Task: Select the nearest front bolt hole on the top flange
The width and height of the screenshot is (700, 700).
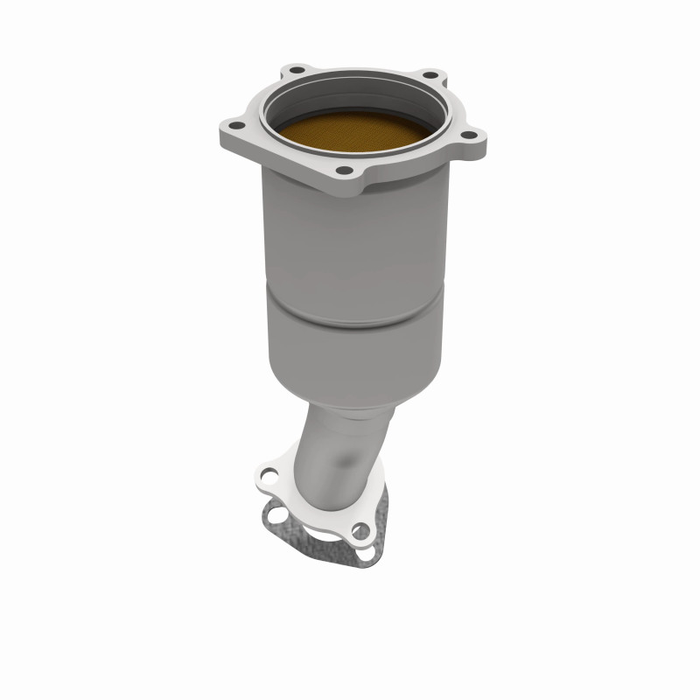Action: [344, 170]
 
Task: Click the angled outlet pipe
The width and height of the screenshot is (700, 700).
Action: [327, 455]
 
